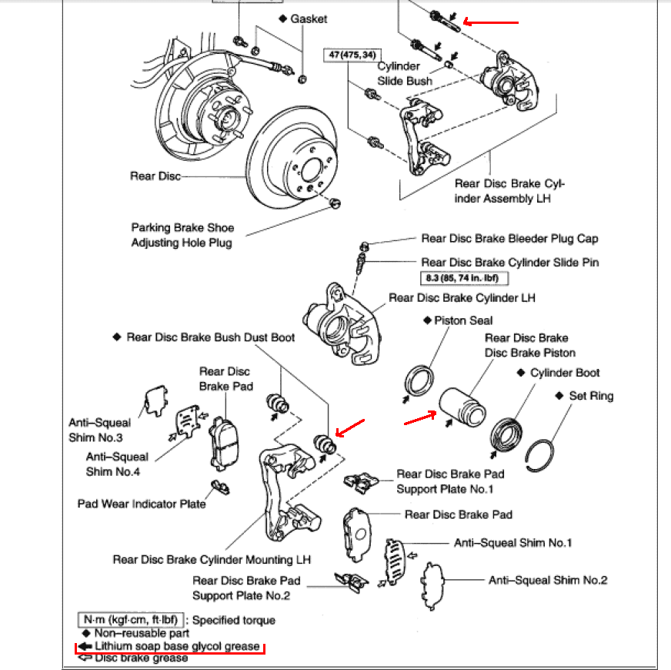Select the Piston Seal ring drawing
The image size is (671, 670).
419,380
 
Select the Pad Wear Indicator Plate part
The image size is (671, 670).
220,487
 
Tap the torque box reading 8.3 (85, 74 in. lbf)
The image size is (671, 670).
465,278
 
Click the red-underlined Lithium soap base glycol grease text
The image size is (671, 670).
176,646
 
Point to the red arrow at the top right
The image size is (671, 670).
492,22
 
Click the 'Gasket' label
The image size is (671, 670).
309,18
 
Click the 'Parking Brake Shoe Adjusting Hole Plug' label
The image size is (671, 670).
182,235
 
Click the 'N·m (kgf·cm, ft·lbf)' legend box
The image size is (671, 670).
130,619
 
